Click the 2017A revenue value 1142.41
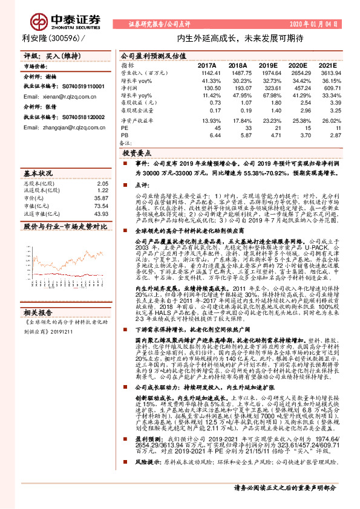tap(207, 73)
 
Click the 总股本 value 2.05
tap(102, 183)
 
